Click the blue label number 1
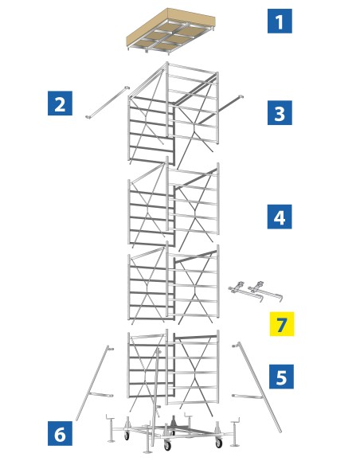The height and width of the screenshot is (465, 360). pos(280,21)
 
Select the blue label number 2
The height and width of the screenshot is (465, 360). pos(60,104)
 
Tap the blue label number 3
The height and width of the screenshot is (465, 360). pos(280,113)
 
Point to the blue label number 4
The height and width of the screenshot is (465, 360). pos(280,217)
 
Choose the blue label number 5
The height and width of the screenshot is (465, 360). pos(281,377)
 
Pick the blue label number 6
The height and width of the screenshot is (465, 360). pos(60,433)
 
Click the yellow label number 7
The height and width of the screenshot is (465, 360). pos(282,324)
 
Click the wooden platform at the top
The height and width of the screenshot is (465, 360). pos(170,31)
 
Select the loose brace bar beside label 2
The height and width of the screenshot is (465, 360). pos(108,102)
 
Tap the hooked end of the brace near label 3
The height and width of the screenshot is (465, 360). pos(240,96)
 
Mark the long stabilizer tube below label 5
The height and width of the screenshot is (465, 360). pos(259,386)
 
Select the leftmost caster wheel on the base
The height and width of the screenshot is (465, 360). pos(127,436)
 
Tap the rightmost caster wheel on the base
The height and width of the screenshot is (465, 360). pos(218,443)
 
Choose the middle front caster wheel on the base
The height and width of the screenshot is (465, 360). pos(167,445)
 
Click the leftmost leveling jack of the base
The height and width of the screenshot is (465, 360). pos(111,429)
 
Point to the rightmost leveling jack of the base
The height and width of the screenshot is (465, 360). pos(235,432)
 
